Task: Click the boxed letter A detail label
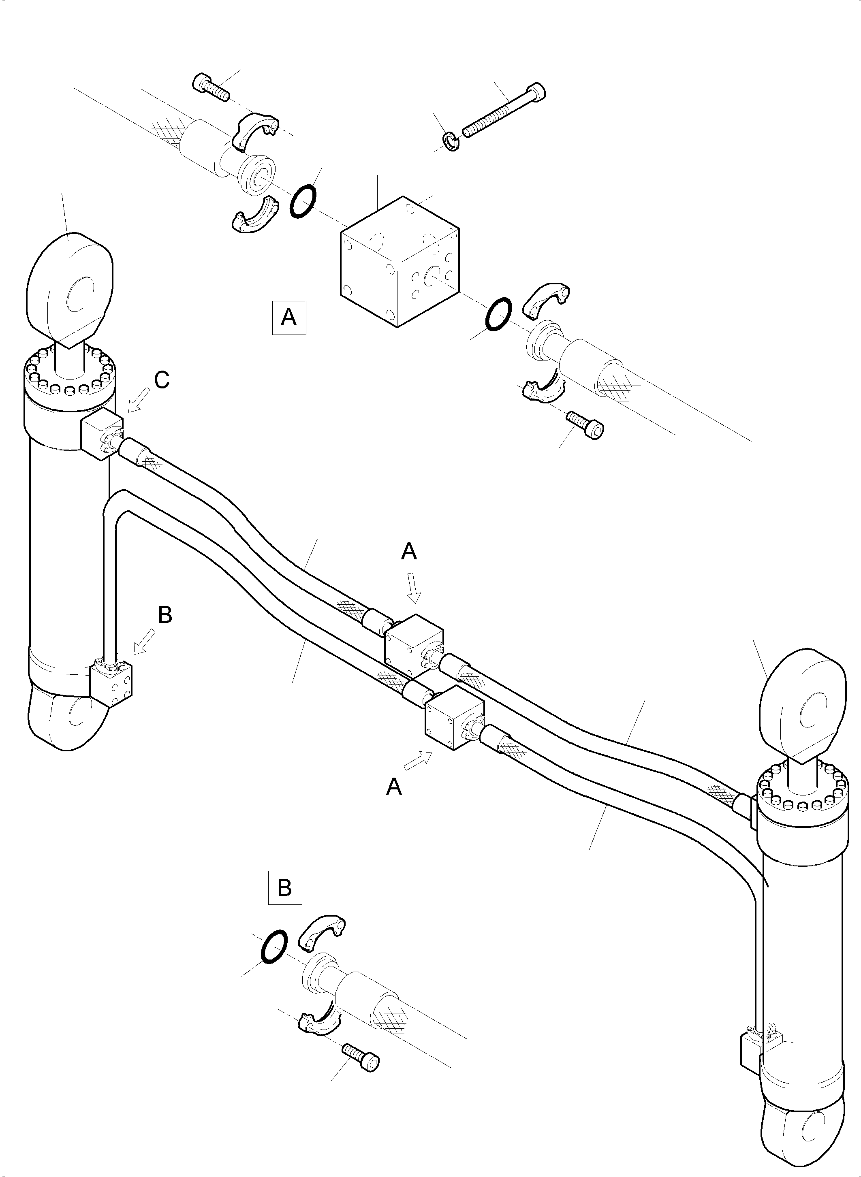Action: click(x=289, y=317)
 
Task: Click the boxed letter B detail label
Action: click(x=284, y=887)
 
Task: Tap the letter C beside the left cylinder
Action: click(x=162, y=380)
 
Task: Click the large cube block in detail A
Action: click(x=400, y=262)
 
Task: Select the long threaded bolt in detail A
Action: click(x=504, y=111)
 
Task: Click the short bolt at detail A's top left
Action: click(x=211, y=87)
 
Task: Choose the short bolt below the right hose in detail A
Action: click(x=586, y=424)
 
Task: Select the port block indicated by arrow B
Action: click(x=111, y=683)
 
